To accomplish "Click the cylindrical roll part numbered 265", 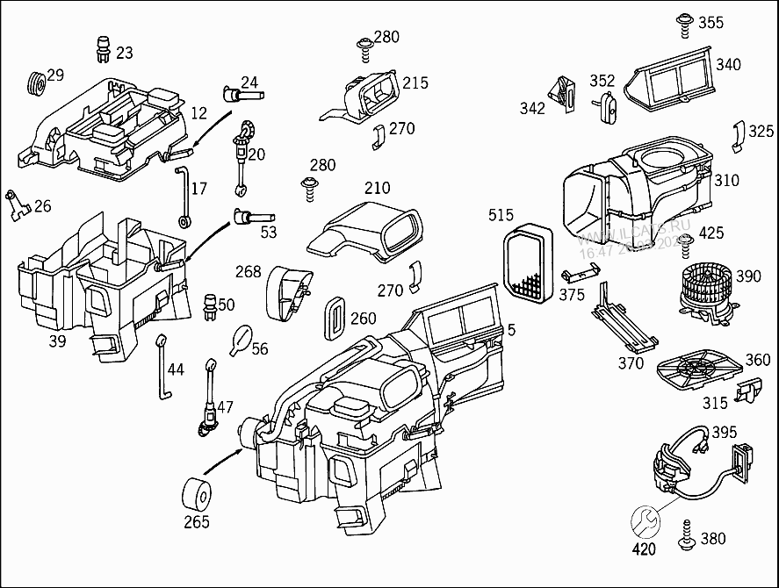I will (196, 495).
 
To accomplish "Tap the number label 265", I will (196, 522).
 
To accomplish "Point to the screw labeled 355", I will (684, 25).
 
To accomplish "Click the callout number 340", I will (728, 64).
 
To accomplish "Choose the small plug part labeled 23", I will (104, 50).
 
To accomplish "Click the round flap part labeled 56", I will (240, 339).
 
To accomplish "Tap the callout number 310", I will (726, 181).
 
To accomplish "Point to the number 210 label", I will (377, 188).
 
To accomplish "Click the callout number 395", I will (724, 432).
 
